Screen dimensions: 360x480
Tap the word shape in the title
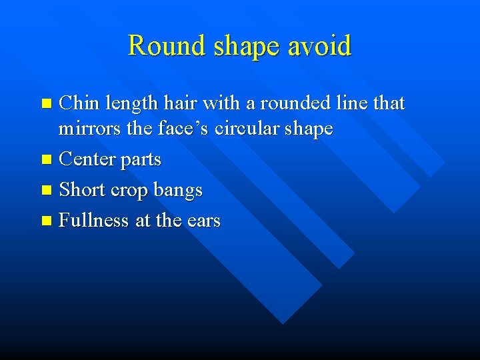tap(241, 47)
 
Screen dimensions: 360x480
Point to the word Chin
tap(79, 103)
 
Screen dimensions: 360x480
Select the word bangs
tap(178, 191)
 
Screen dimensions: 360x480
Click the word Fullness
tap(94, 220)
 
